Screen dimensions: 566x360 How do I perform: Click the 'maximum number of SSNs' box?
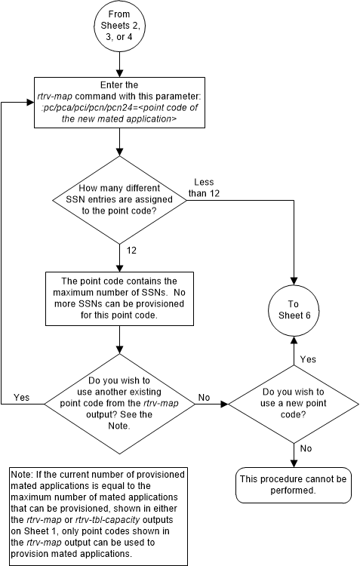(x=119, y=298)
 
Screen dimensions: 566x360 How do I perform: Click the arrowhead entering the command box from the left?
(x=31, y=103)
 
